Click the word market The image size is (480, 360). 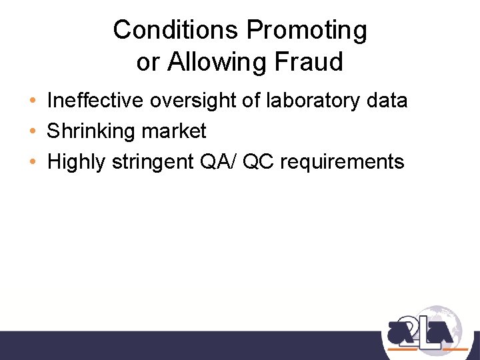point(174,131)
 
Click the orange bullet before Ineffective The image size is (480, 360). point(33,101)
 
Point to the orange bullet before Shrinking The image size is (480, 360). point(33,132)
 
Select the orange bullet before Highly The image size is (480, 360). point(33,162)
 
